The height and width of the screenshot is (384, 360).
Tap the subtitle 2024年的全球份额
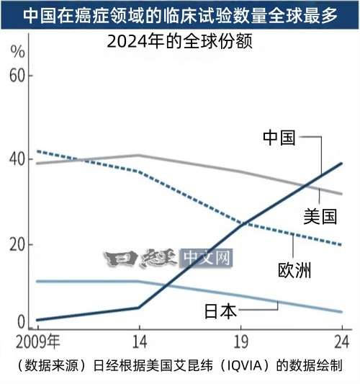pos(179,41)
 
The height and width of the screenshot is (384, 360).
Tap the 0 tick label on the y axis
pos(22,321)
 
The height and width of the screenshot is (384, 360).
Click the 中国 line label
pos(279,138)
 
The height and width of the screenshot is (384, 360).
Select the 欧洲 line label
pos(294,270)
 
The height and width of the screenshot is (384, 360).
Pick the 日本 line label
pos(220,311)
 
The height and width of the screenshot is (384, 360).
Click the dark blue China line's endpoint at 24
pos(341,164)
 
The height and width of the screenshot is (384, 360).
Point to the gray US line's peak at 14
pos(139,155)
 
